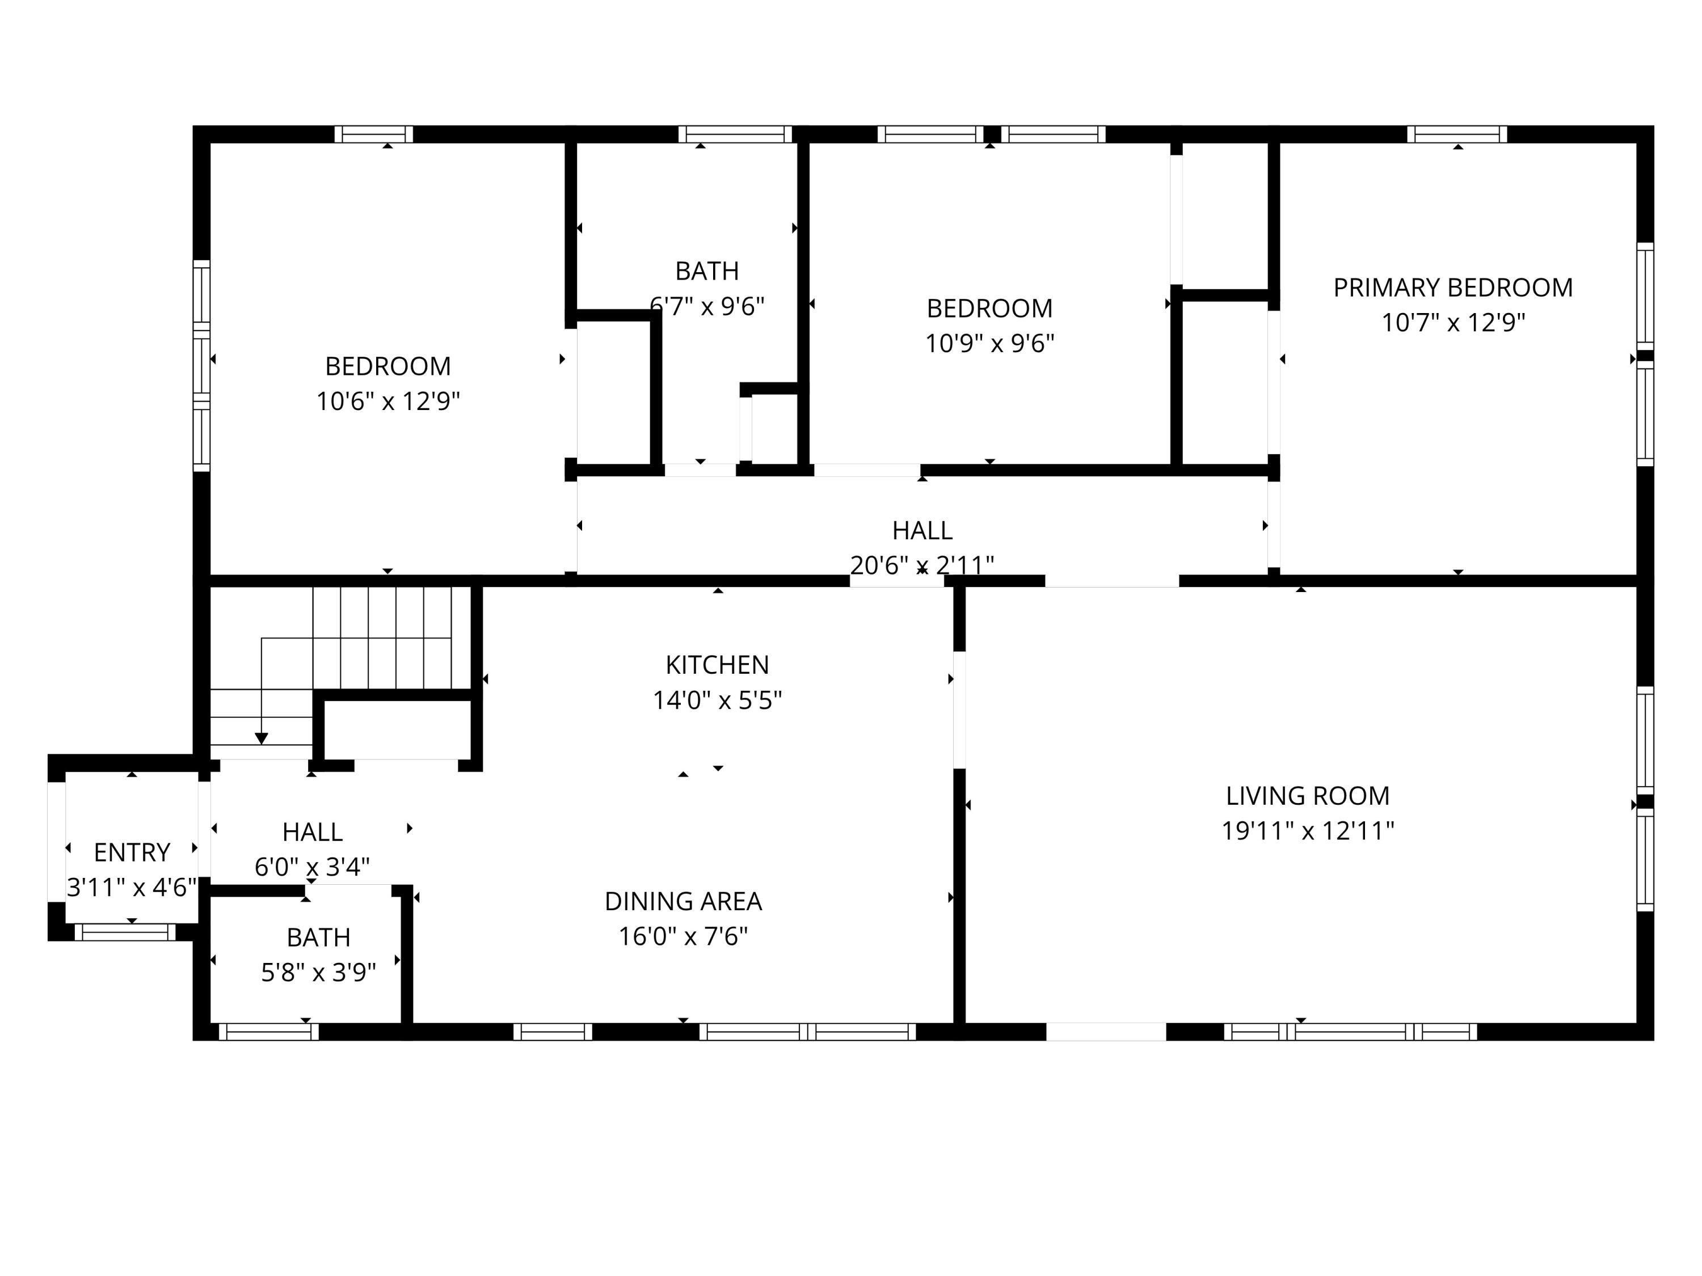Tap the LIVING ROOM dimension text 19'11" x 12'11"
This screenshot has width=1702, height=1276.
1307,831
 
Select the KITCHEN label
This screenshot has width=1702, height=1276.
717,665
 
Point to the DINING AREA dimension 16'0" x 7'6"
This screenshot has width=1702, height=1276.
683,936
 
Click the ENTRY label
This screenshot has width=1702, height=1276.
132,852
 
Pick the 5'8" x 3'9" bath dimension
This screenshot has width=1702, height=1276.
318,973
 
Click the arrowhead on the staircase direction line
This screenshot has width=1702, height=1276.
262,738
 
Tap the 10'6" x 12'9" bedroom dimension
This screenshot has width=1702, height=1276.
388,401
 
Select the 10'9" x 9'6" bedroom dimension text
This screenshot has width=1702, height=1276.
989,343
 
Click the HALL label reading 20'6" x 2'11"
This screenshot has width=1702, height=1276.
922,531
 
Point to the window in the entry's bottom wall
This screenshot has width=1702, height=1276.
125,932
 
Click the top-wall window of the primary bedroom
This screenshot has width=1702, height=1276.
1456,134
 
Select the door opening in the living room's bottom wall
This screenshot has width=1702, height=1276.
1106,1032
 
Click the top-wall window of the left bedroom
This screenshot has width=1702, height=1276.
374,134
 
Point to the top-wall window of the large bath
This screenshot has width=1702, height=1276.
735,134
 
